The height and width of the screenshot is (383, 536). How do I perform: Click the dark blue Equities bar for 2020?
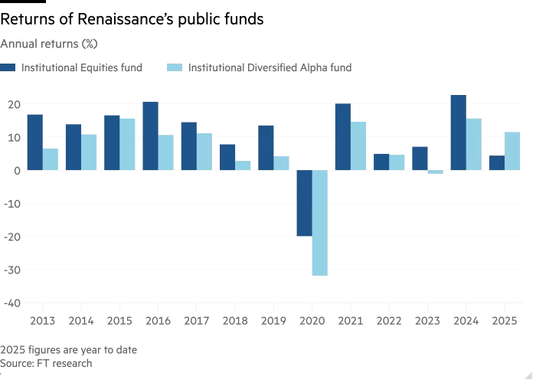pos(304,203)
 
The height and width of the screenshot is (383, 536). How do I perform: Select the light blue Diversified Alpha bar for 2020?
pos(319,223)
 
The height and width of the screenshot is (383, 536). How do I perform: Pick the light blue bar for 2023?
pos(435,172)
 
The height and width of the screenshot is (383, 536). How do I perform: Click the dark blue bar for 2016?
pos(150,136)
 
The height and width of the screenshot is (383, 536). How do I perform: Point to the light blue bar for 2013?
pos(51,159)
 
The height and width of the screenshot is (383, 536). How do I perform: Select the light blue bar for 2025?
pos(512,151)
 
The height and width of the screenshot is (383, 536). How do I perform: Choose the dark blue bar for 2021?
pos(342,137)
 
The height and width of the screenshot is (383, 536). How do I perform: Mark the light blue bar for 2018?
pos(243,165)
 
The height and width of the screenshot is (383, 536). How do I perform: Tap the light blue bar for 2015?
pos(127,144)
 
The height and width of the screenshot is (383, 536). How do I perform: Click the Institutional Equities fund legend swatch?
pos(8,67)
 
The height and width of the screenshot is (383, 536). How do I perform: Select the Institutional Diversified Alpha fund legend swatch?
pos(175,67)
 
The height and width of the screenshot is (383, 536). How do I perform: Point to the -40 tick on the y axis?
pos(11,303)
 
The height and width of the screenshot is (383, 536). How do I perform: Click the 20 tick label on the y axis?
pos(13,104)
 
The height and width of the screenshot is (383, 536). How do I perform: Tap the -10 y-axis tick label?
pos(11,203)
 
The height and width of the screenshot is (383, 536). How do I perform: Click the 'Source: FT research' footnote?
pos(46,363)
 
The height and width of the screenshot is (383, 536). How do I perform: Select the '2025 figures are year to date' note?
pos(68,349)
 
